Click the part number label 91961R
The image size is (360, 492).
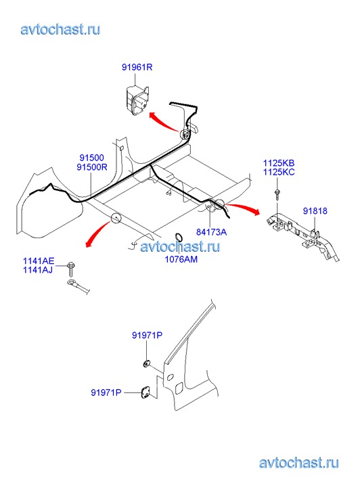click(137, 67)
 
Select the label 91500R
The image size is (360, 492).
click(91, 167)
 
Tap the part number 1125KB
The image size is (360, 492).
click(279, 163)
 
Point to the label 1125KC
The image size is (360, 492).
click(279, 172)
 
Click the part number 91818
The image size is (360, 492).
click(315, 211)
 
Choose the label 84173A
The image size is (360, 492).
click(211, 232)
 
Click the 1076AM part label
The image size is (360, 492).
click(181, 259)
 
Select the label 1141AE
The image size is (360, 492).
click(39, 261)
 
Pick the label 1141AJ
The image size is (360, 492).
click(38, 269)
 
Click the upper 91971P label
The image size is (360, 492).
click(147, 336)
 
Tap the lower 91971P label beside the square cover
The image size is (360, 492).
click(106, 393)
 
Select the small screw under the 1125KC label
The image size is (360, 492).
click(277, 194)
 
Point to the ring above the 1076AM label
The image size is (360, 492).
click(178, 237)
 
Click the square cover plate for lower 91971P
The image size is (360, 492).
click(145, 393)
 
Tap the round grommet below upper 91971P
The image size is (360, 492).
click(146, 364)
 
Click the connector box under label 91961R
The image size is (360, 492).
click(136, 99)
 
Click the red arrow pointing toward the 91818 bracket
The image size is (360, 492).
click(243, 207)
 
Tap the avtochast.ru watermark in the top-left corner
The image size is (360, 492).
click(61, 30)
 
